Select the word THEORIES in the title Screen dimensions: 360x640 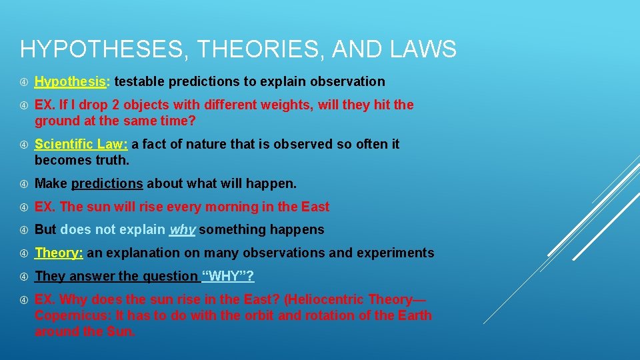[x=251, y=49]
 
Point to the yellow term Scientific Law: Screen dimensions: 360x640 [x=83, y=144]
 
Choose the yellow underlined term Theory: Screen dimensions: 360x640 [x=59, y=253]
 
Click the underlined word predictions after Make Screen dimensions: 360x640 [x=107, y=183]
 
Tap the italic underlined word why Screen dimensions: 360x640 [x=182, y=230]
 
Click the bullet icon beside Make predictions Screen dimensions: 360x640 [x=24, y=183]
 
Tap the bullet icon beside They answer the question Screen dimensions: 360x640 [x=24, y=276]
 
